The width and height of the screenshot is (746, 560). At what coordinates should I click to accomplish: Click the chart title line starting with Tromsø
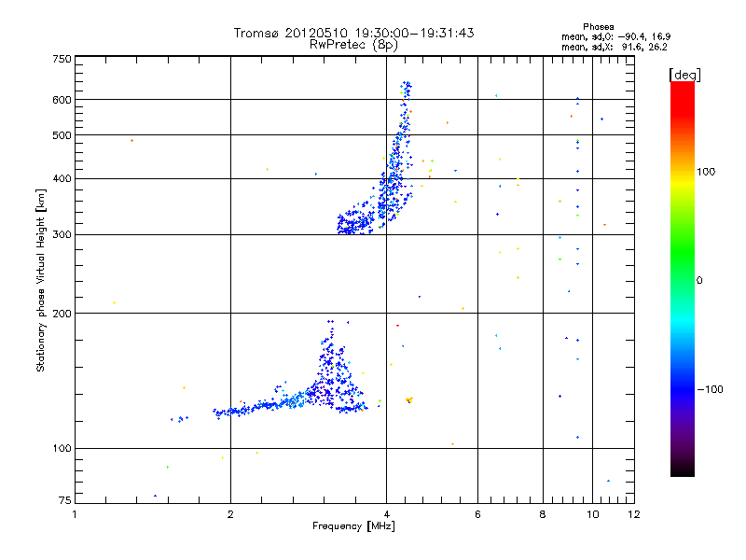click(x=354, y=33)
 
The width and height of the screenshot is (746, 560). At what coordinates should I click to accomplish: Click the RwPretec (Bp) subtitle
click(x=354, y=44)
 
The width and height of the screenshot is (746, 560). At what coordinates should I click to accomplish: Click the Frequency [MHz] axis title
click(x=353, y=527)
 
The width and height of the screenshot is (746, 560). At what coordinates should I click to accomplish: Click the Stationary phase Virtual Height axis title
click(x=41, y=281)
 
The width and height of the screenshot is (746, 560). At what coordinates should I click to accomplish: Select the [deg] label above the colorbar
click(x=685, y=74)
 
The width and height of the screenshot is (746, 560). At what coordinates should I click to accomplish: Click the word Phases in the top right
click(x=599, y=26)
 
